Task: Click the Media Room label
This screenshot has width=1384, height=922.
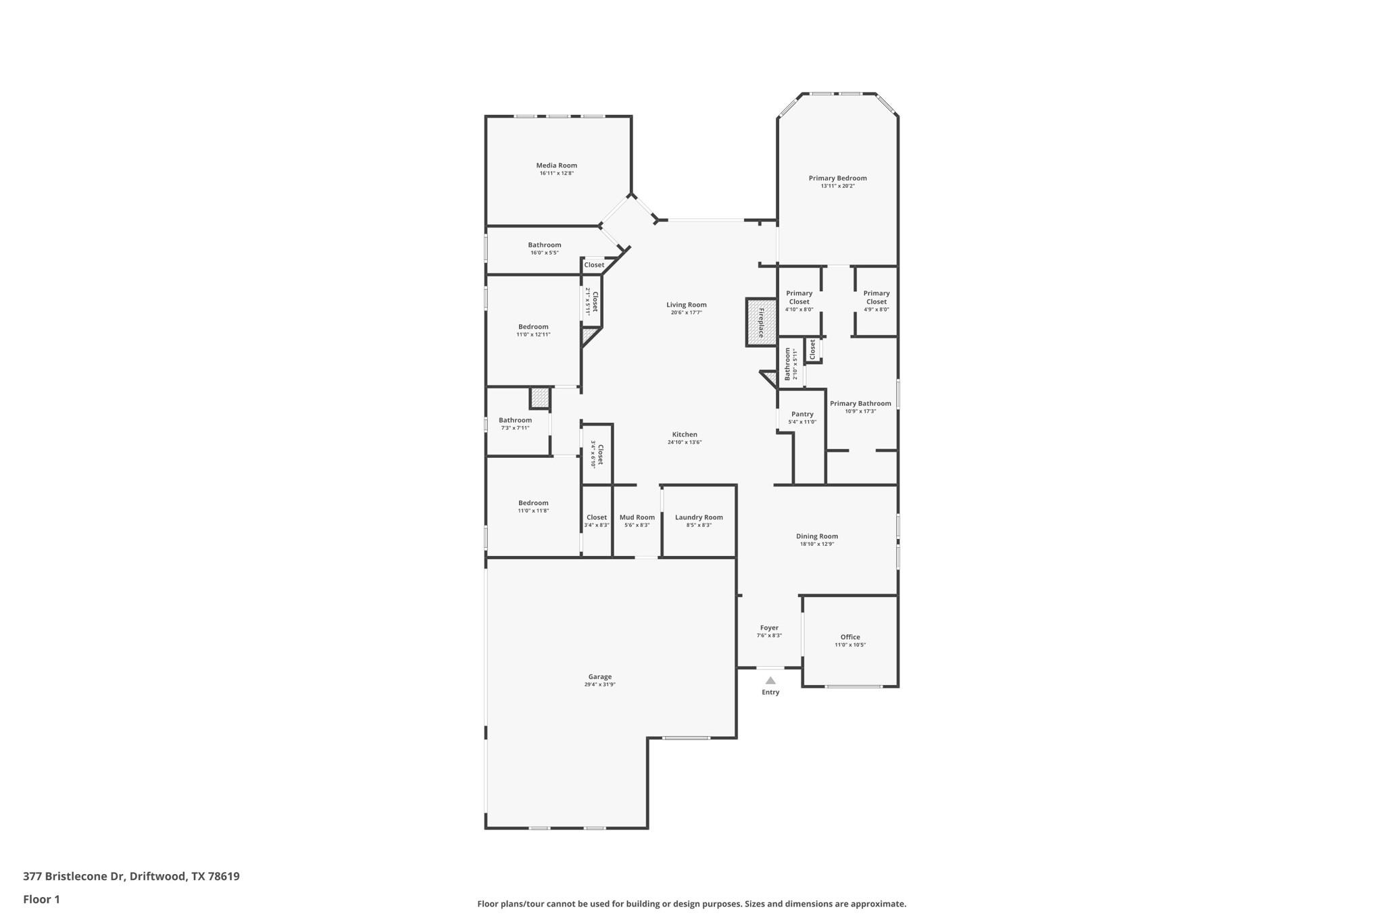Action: (x=556, y=165)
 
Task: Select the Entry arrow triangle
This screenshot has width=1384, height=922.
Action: (x=770, y=680)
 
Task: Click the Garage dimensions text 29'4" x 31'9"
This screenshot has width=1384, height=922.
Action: (x=599, y=684)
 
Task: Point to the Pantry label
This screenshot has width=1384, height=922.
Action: (x=802, y=414)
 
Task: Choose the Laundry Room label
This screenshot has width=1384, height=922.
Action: (x=699, y=517)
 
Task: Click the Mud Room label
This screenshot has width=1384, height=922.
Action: (x=637, y=517)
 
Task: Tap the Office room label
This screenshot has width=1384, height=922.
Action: (x=850, y=637)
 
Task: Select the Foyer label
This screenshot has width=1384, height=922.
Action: (x=769, y=628)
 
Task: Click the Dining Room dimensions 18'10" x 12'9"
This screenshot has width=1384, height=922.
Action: (x=817, y=544)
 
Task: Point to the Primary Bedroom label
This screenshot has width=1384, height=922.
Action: (x=837, y=178)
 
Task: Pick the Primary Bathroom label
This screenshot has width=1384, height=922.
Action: (x=860, y=403)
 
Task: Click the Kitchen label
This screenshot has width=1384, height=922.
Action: (x=685, y=434)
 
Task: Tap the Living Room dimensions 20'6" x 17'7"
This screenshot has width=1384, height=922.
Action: (x=686, y=313)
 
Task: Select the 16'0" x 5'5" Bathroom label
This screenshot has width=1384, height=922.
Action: (x=544, y=245)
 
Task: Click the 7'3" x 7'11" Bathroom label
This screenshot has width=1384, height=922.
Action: (x=515, y=420)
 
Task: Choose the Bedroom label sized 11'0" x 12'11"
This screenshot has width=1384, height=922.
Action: (x=533, y=327)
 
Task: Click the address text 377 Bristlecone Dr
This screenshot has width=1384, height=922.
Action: (x=74, y=876)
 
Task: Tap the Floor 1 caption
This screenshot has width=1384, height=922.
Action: (x=41, y=899)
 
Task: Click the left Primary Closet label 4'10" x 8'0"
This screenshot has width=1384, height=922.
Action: (x=799, y=297)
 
